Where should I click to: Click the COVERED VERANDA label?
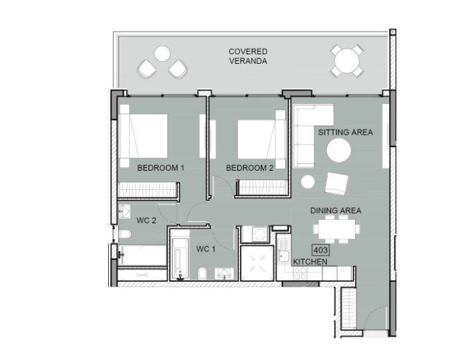tap(248, 56)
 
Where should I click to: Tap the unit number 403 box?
tap(321, 250)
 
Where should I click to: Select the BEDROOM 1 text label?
tap(161, 168)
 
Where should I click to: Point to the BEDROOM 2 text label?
tap(250, 168)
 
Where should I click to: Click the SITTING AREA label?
tap(345, 132)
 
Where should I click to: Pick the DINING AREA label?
tap(336, 210)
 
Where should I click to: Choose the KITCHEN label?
tap(310, 262)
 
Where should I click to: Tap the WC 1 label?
tap(206, 249)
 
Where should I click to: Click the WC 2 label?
tap(146, 221)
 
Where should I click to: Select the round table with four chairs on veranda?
tap(347, 60)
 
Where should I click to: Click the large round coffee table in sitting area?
tap(339, 150)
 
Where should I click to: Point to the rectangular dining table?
tap(336, 229)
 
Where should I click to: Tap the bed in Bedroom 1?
tap(144, 136)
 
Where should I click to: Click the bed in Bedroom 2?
tap(261, 139)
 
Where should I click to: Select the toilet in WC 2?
tap(125, 234)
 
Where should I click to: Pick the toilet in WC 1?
tap(202, 273)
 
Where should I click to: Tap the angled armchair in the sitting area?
tap(336, 184)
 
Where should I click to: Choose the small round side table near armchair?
tap(308, 182)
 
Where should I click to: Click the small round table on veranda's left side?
tap(162, 53)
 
